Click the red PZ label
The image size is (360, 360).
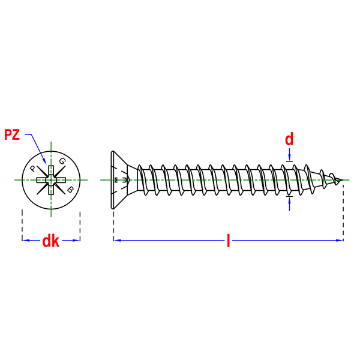(x=12, y=135)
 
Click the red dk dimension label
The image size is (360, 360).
(x=51, y=241)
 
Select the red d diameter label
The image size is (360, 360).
(x=289, y=139)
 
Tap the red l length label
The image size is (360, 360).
(x=228, y=241)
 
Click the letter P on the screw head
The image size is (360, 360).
(x=33, y=169)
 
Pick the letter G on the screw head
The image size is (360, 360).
(x=62, y=161)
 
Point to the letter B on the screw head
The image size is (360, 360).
(x=70, y=190)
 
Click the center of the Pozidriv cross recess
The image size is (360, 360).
(x=51, y=180)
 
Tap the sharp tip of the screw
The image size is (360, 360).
(x=343, y=180)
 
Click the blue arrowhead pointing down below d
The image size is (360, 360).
(x=289, y=158)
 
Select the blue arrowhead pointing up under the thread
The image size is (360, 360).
(x=289, y=200)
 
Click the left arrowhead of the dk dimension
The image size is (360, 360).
(x=26, y=241)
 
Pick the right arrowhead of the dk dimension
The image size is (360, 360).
(x=76, y=241)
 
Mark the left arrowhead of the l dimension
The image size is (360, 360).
(x=118, y=241)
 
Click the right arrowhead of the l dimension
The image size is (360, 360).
(x=340, y=241)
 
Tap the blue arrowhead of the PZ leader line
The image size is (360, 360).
(x=45, y=161)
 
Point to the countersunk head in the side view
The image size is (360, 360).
(x=119, y=180)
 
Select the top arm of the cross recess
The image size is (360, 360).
(x=51, y=170)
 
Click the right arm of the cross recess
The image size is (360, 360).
(x=61, y=180)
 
